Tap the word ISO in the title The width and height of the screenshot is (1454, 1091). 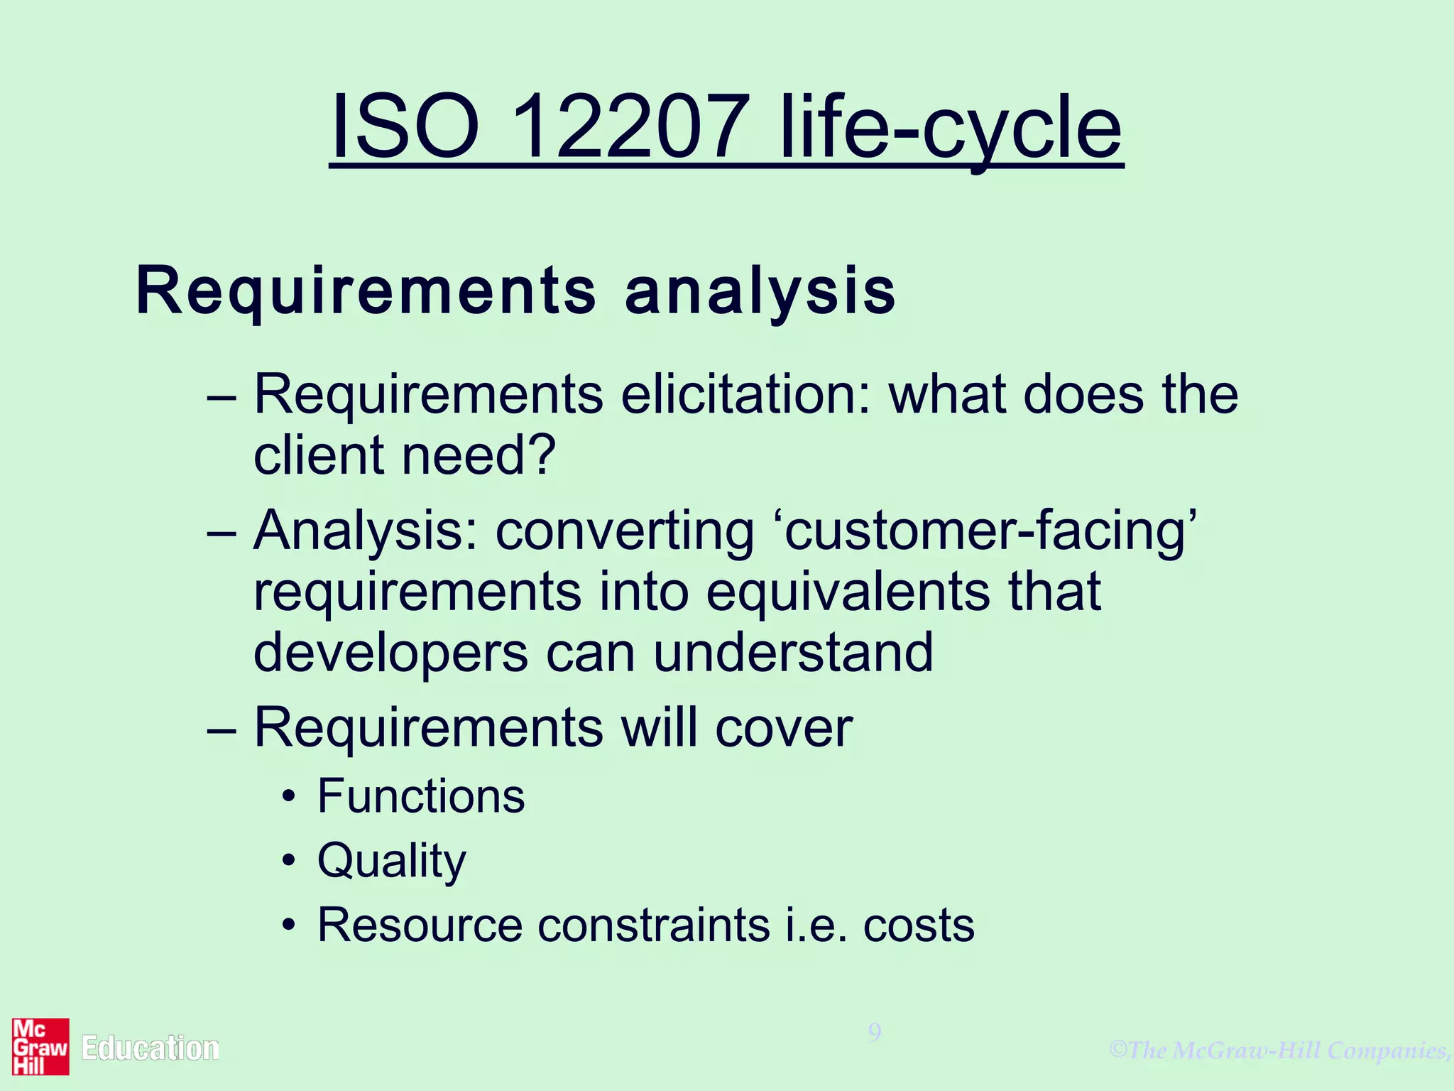point(405,128)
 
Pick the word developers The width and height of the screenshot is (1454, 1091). point(390,654)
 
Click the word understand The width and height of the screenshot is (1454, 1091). point(793,653)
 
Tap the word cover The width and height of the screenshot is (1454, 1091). point(783,728)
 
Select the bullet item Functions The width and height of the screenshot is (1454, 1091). point(421,796)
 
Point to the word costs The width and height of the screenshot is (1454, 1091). point(919,926)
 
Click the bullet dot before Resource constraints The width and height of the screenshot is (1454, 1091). point(288,926)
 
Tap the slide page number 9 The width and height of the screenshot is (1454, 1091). point(875,1032)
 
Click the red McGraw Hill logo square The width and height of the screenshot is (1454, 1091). point(40,1047)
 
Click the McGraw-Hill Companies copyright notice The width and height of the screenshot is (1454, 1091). point(1280,1050)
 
